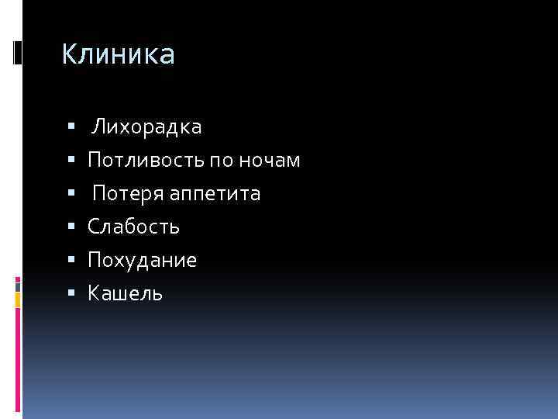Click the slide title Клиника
click(x=119, y=54)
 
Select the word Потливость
click(x=146, y=161)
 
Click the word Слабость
click(x=134, y=227)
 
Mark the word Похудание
click(x=143, y=260)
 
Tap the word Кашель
click(x=126, y=293)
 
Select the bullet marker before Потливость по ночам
click(x=71, y=161)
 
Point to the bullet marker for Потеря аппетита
click(x=71, y=194)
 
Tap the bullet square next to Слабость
click(x=71, y=227)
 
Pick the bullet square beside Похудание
click(x=71, y=261)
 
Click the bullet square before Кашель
click(x=71, y=294)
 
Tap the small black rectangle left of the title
click(x=18, y=53)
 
